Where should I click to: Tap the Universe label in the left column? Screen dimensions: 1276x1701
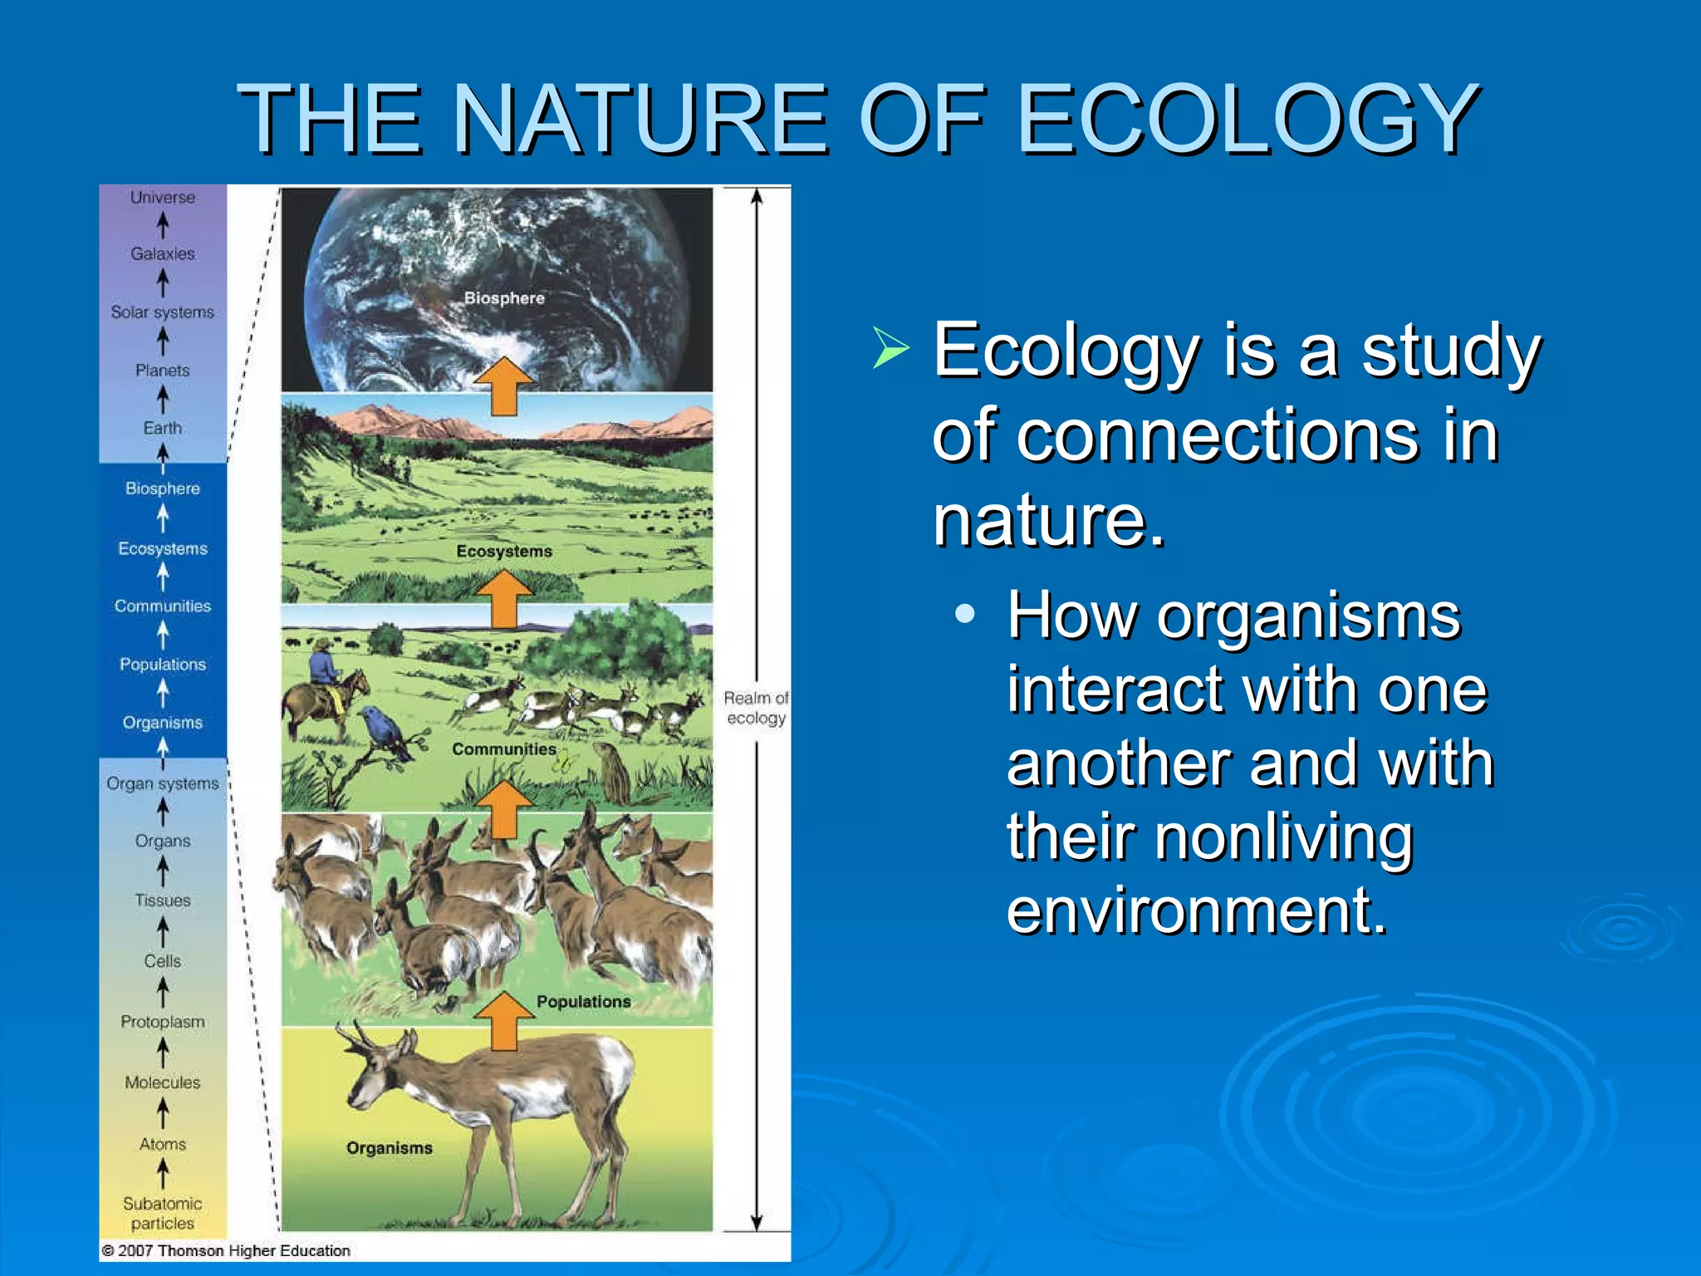163,198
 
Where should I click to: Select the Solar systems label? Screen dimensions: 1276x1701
163,312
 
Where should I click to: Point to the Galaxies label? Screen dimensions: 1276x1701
163,254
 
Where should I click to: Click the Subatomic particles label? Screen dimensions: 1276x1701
163,1213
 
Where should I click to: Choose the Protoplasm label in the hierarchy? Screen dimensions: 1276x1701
163,1022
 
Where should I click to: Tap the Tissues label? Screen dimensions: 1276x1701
163,901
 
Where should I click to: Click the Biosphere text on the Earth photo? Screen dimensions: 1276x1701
504,298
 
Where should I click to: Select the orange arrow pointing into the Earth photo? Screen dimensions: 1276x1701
504,385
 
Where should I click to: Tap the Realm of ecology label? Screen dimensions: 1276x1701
756,708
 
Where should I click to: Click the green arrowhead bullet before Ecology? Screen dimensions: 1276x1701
891,349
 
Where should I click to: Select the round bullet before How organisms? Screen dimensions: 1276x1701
964,616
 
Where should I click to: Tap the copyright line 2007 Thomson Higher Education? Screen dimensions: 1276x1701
226,1250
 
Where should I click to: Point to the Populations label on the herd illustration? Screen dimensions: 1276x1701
583,1002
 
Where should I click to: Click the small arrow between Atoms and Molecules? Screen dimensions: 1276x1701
163,1113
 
